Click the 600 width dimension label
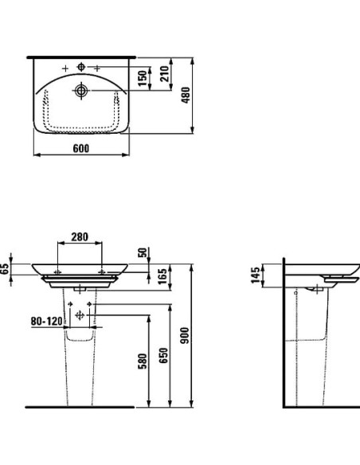[x=80, y=148]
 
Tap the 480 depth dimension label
[x=186, y=96]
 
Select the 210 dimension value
[x=164, y=74]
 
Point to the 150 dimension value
[x=143, y=78]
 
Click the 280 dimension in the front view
[x=80, y=236]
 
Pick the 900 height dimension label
[x=185, y=335]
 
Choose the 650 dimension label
[x=163, y=355]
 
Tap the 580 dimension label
[x=143, y=361]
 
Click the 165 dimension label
[x=162, y=276]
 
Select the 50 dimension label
[x=143, y=252]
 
